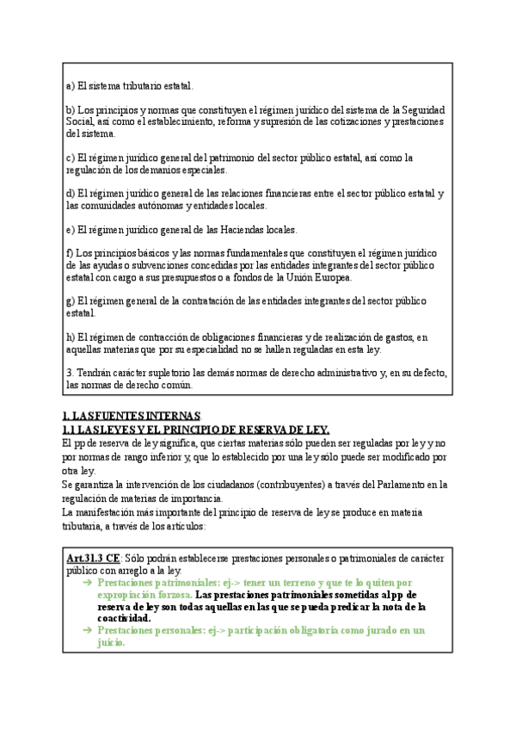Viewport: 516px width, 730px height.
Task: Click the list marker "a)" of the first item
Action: pyautogui.click(x=71, y=86)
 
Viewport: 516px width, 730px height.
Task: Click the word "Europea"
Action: pyautogui.click(x=331, y=277)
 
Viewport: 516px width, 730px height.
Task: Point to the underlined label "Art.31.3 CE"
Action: pyautogui.click(x=93, y=559)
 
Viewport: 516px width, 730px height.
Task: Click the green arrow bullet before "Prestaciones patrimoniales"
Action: pyautogui.click(x=87, y=583)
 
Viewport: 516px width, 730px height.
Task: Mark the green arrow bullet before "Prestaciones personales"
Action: pyautogui.click(x=87, y=630)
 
